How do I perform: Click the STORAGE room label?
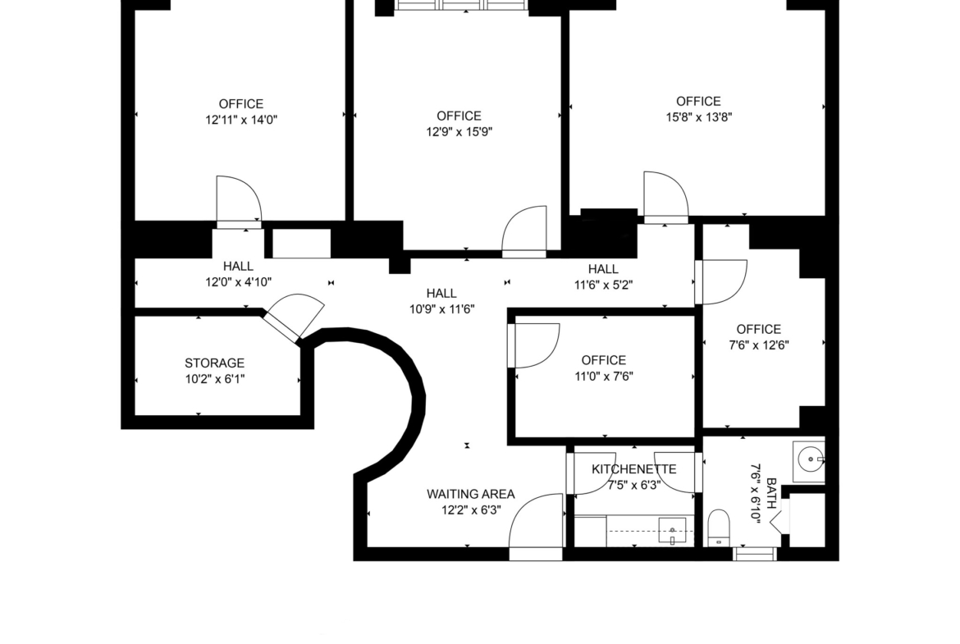(x=214, y=363)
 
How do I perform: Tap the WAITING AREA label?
(x=471, y=494)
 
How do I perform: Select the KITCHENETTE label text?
(x=633, y=469)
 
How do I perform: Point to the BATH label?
(x=771, y=494)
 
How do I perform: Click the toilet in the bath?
(x=719, y=528)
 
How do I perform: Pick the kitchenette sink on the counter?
(x=672, y=530)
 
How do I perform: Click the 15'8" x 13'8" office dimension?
(x=698, y=117)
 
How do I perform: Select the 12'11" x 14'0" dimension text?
(x=241, y=120)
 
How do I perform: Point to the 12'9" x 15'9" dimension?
(x=459, y=131)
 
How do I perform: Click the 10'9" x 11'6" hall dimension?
(x=441, y=309)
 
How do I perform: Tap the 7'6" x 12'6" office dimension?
(x=759, y=345)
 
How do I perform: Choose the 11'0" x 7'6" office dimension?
(x=604, y=376)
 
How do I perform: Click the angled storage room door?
(x=293, y=316)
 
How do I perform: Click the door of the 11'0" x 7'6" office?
(x=533, y=345)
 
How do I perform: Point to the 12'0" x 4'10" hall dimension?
(x=238, y=282)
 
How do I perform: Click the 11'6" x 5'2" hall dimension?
(x=603, y=285)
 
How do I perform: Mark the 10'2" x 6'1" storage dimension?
(x=215, y=379)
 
